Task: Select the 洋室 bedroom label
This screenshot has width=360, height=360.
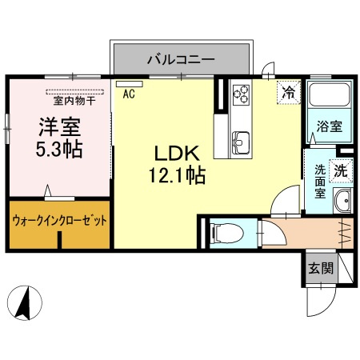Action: pyautogui.click(x=59, y=126)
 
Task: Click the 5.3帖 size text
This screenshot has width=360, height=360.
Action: pyautogui.click(x=59, y=149)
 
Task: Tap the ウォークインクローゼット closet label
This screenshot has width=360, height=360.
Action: pyautogui.click(x=59, y=219)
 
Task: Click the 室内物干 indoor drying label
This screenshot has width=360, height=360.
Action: pyautogui.click(x=74, y=100)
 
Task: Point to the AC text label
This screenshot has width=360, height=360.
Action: pyautogui.click(x=128, y=94)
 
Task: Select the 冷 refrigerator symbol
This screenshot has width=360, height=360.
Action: pyautogui.click(x=287, y=92)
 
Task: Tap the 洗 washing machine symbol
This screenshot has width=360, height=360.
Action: pyautogui.click(x=340, y=170)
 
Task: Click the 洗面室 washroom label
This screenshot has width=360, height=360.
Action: pyautogui.click(x=318, y=181)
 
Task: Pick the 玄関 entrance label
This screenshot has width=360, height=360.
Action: pyautogui.click(x=321, y=270)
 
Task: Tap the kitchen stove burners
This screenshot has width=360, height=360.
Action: pyautogui.click(x=241, y=94)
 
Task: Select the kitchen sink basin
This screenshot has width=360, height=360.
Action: pyautogui.click(x=240, y=143)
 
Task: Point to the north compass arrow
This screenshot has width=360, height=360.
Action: pyautogui.click(x=25, y=303)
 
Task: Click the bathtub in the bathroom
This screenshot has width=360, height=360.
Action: pyautogui.click(x=328, y=100)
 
